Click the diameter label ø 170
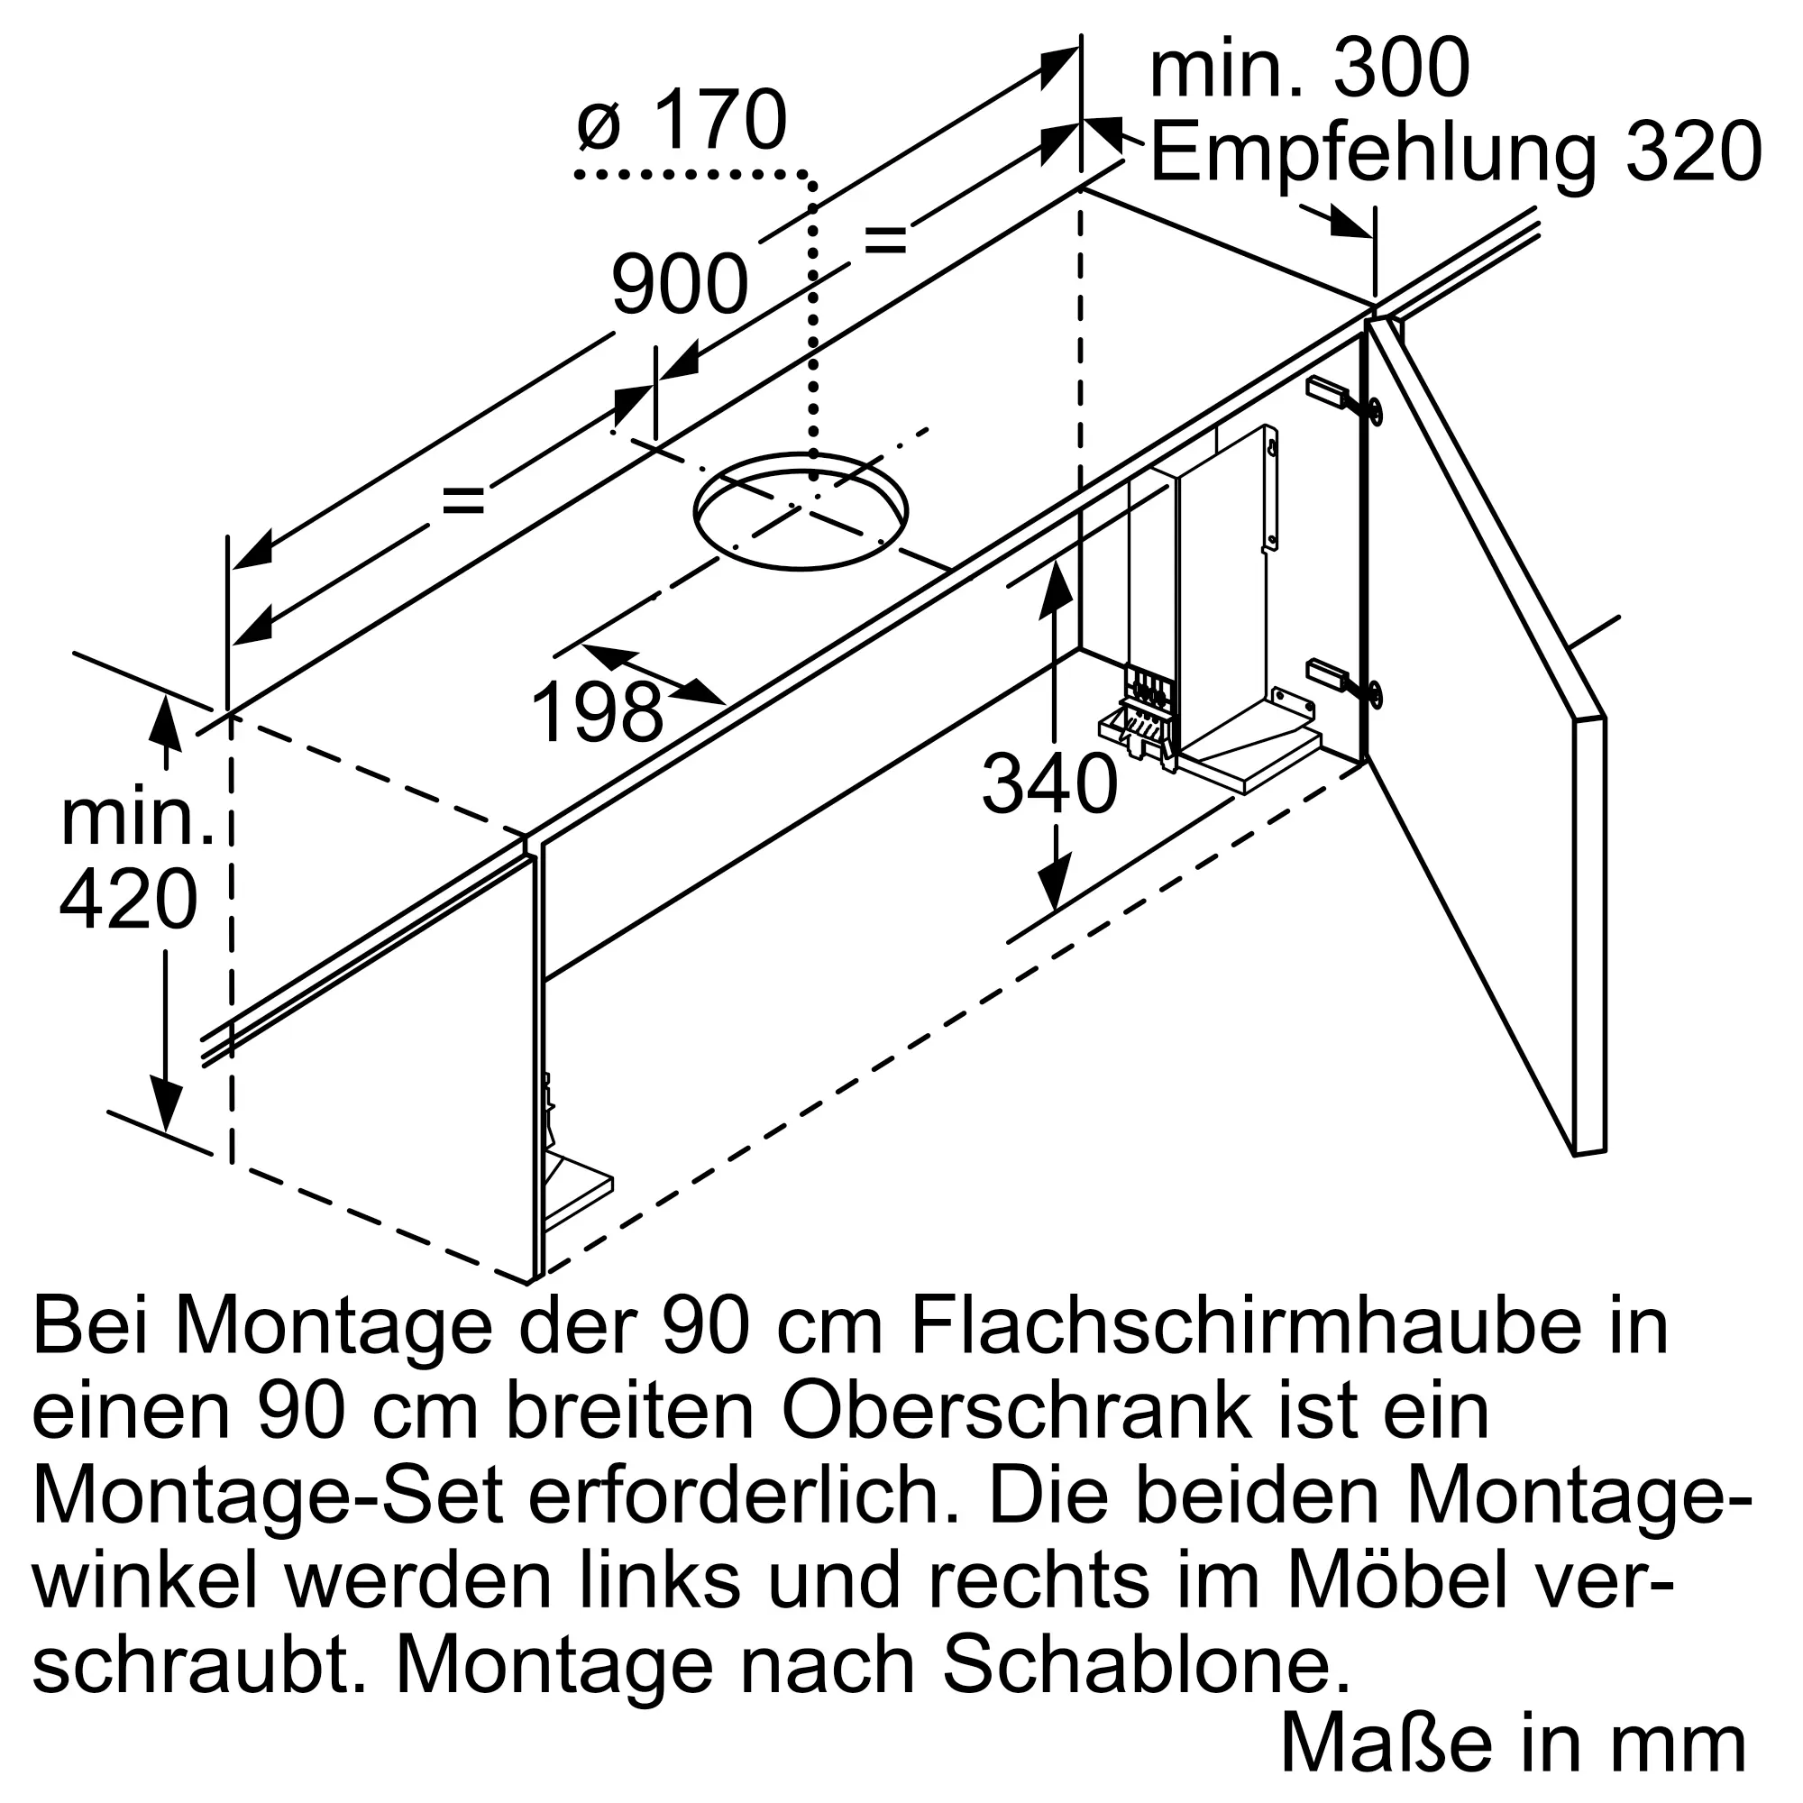682,122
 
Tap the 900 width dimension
680,285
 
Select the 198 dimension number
598,713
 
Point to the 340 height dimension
1049,785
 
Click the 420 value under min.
129,900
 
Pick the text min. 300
1309,69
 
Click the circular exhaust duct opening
800,511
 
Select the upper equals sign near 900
884,240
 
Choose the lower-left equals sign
463,501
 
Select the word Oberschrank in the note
1017,1413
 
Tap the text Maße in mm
1512,1744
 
